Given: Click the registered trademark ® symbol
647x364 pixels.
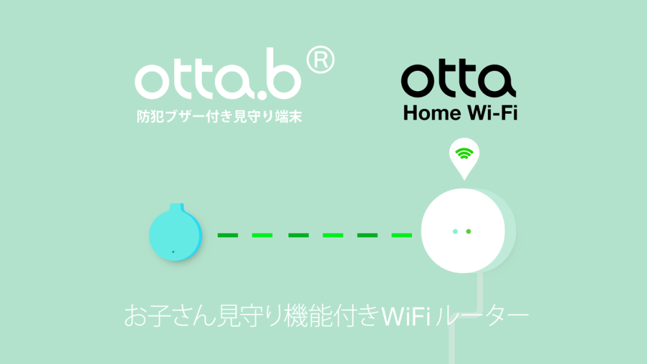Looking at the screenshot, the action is pyautogui.click(x=320, y=60).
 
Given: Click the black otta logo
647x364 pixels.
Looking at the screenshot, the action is pyautogui.click(x=459, y=78).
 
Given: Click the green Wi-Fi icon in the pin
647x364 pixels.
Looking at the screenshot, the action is pyautogui.click(x=464, y=154).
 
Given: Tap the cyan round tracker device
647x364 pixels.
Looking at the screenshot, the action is pyautogui.click(x=176, y=233).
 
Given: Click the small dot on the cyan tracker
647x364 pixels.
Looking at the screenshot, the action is pyautogui.click(x=173, y=252).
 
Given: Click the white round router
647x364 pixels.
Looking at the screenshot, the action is pyautogui.click(x=463, y=231).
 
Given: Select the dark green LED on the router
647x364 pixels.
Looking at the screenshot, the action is pyautogui.click(x=468, y=231).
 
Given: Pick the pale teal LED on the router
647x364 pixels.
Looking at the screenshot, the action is pyautogui.click(x=455, y=231).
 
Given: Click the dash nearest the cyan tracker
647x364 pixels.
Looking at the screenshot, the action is pyautogui.click(x=227, y=235).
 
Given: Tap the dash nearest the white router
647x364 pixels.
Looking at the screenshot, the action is pyautogui.click(x=401, y=235).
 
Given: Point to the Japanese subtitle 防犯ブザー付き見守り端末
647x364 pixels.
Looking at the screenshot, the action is pyautogui.click(x=219, y=116).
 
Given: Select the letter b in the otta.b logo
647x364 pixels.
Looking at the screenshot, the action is pyautogui.click(x=283, y=73).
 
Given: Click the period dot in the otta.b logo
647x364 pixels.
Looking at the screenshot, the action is pyautogui.click(x=262, y=95).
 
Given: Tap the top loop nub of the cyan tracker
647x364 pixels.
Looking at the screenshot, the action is pyautogui.click(x=177, y=207).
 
